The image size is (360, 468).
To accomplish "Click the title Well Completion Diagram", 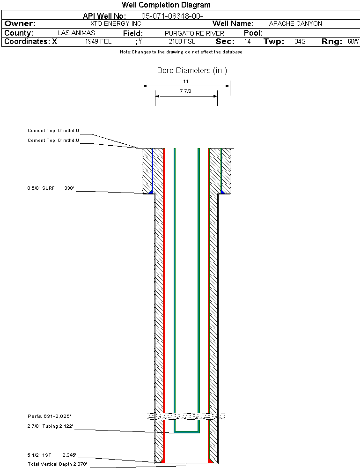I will click(x=166, y=5).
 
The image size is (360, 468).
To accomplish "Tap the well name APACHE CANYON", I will click(x=295, y=24).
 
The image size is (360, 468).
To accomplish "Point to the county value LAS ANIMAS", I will click(x=76, y=33).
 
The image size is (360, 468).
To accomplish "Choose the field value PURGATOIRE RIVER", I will click(x=194, y=33).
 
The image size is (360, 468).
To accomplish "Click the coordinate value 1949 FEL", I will click(x=98, y=42).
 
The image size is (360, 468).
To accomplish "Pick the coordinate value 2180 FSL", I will click(x=182, y=42).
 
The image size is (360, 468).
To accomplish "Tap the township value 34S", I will click(x=300, y=42).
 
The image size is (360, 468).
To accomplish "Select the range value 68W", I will click(x=353, y=42).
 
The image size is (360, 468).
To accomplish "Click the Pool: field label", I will click(x=253, y=33).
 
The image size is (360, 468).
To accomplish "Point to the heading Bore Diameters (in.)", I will click(x=192, y=71).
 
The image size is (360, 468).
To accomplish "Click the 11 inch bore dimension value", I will click(x=186, y=82).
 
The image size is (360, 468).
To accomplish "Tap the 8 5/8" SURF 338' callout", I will click(x=51, y=188).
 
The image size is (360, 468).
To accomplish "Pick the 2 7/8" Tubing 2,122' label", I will click(x=50, y=426).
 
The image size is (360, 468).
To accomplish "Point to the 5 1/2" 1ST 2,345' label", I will click(x=51, y=455).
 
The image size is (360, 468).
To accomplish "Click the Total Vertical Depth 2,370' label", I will click(x=57, y=464).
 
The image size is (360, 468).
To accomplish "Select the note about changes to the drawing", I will click(x=181, y=52).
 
